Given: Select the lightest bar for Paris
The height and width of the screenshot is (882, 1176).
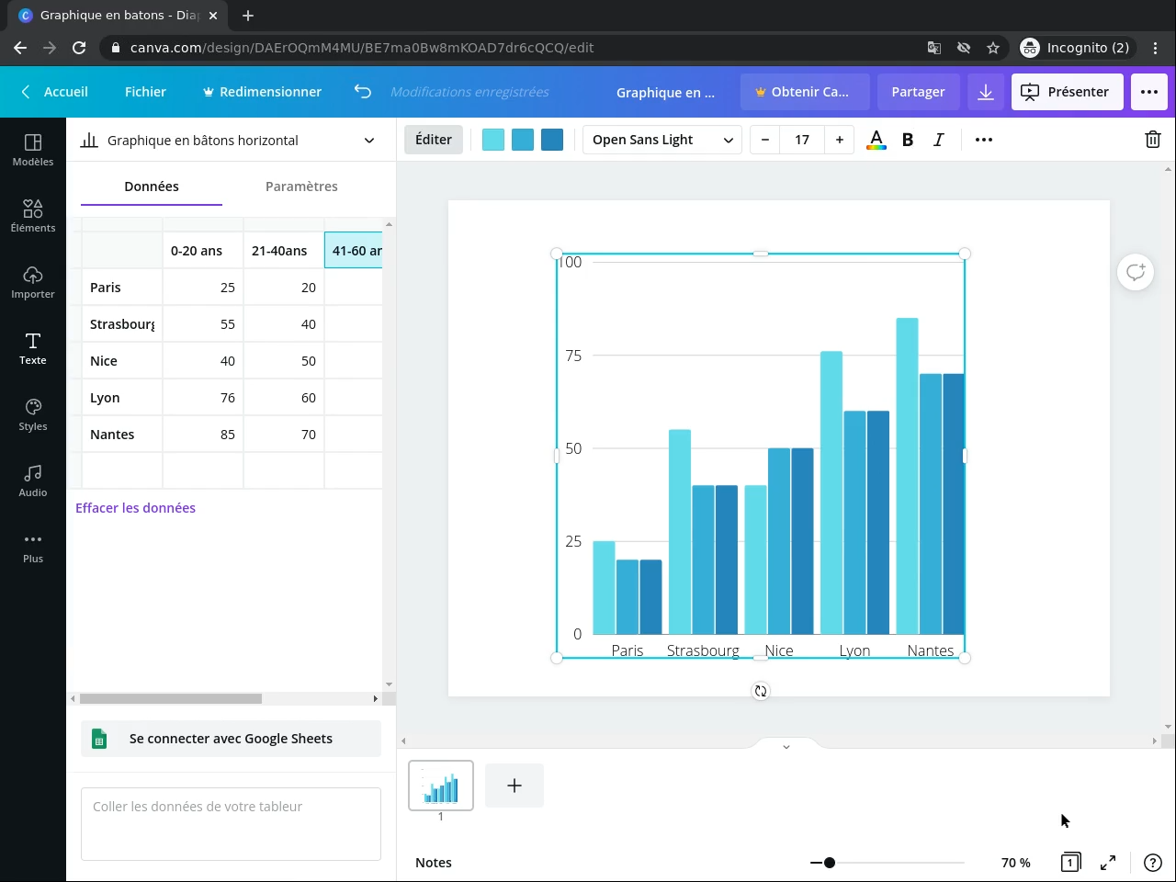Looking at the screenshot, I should coord(604,588).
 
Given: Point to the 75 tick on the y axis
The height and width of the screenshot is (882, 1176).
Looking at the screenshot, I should coord(573,356).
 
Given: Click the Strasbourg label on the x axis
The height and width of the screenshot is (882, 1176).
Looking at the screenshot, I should coord(703,650).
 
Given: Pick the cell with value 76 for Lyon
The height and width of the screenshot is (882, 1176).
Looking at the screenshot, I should coord(203,398).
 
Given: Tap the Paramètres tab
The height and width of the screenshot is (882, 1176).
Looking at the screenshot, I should coord(301,187).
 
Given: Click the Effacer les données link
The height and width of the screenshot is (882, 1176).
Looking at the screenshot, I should coord(135,508).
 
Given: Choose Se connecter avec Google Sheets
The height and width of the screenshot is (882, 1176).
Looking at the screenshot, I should coord(231,739).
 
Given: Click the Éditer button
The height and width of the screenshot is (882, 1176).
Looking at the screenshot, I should coord(434,140).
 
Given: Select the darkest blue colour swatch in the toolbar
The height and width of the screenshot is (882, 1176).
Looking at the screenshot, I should coord(552,140).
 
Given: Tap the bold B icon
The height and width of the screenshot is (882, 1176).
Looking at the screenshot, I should coord(908,140).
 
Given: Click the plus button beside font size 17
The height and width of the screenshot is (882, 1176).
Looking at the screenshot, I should coord(840,140).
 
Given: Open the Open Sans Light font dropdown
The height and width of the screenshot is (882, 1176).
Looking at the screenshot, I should coord(661,140).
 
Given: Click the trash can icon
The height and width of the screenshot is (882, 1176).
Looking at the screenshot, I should coord(1152,140).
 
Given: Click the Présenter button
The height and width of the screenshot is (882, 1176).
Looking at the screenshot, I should coord(1067,92).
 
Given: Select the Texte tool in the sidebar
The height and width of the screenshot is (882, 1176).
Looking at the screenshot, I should coord(33,348).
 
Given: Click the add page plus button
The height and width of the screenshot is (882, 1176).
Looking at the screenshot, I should coord(514,786).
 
